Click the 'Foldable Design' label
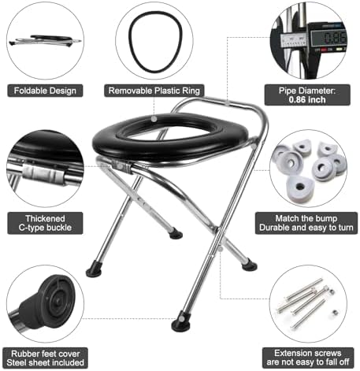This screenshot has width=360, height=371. pos(45,91)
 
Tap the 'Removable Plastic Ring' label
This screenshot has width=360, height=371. pos(155,91)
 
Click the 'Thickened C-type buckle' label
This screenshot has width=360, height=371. pos(46,223)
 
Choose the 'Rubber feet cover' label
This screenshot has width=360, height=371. pos(45,353)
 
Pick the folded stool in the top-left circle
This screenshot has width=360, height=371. pos(44,38)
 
